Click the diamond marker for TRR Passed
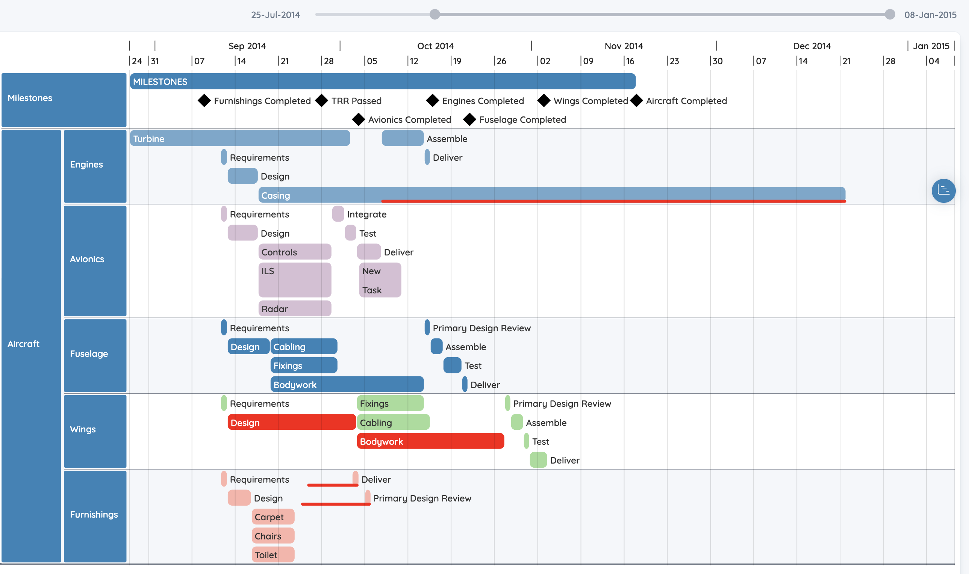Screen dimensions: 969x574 (x=322, y=101)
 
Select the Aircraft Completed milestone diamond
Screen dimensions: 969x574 (x=636, y=101)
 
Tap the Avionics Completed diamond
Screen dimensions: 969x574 (x=358, y=119)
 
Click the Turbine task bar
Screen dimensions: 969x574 (x=240, y=139)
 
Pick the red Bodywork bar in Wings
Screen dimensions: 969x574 (x=430, y=441)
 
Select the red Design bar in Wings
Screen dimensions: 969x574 (x=292, y=422)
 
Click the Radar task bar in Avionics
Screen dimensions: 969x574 (x=295, y=309)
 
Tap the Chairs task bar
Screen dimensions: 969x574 (x=273, y=536)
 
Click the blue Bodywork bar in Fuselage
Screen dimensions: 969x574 (x=347, y=384)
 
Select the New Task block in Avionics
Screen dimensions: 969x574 (x=380, y=280)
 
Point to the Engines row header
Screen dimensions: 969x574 (x=95, y=166)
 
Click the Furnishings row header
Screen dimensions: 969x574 (x=95, y=517)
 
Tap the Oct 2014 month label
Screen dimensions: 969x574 (x=435, y=46)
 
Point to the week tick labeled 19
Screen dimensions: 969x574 (x=457, y=61)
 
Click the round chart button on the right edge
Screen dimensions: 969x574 (x=943, y=191)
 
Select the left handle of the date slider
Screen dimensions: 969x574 (x=435, y=14)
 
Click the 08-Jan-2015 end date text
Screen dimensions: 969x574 (x=930, y=15)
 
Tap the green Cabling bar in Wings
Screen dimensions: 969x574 (x=393, y=422)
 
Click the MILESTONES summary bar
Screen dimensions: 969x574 (x=383, y=81)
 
